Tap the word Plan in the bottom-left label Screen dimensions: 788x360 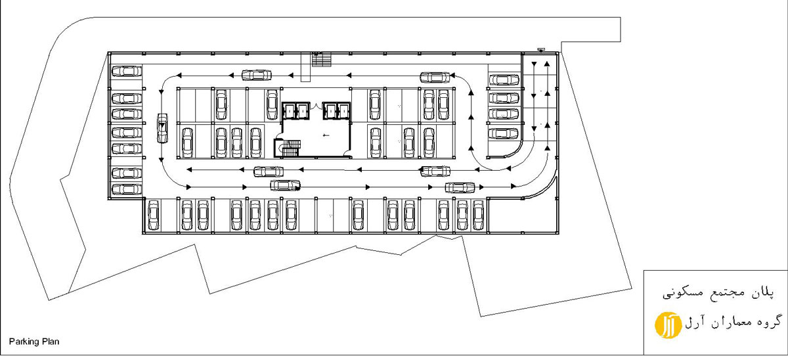click(x=51, y=342)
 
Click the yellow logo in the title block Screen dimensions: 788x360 click(x=668, y=325)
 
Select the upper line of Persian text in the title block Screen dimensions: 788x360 click(x=718, y=293)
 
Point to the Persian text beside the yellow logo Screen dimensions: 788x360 click(x=732, y=322)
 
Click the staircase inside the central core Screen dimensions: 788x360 click(x=290, y=148)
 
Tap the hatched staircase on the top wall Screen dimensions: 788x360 click(x=322, y=60)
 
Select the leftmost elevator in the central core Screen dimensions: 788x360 click(x=288, y=111)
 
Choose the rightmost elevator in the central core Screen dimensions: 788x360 click(x=343, y=111)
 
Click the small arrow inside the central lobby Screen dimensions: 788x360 click(x=326, y=135)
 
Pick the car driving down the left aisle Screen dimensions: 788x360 click(x=162, y=128)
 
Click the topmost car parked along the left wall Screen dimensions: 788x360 click(x=127, y=71)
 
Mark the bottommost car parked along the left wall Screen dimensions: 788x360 click(x=127, y=189)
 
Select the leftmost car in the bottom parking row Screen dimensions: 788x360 click(x=153, y=215)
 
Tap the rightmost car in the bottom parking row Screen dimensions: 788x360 click(x=478, y=215)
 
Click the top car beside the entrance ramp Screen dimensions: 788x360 click(x=504, y=80)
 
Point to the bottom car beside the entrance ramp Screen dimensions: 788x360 click(x=504, y=134)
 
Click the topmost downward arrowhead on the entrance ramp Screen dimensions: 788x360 click(x=534, y=64)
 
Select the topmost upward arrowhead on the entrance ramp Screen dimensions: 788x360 click(x=547, y=64)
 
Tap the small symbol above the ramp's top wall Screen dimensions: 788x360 click(x=540, y=50)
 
